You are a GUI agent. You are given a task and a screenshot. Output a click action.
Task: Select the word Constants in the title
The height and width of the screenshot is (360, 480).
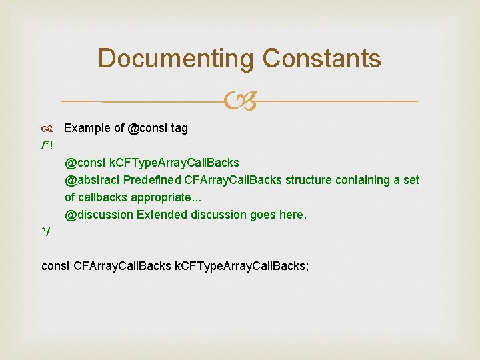tap(321, 59)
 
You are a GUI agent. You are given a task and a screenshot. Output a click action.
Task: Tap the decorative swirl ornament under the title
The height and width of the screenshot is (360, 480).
tap(239, 102)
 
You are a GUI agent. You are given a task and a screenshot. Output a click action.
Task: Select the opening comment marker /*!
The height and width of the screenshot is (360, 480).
tap(47, 145)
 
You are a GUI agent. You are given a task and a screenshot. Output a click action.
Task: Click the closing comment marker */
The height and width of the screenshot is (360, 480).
tap(45, 232)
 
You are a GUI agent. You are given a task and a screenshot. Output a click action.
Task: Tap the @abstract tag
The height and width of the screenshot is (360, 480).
tap(92, 180)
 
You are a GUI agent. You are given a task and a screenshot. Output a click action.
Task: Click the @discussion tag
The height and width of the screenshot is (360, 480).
tap(99, 215)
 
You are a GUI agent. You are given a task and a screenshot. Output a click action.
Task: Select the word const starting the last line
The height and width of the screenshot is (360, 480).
tap(55, 267)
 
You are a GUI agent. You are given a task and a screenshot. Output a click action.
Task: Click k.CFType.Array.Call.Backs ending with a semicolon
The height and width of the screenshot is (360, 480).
tap(241, 267)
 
